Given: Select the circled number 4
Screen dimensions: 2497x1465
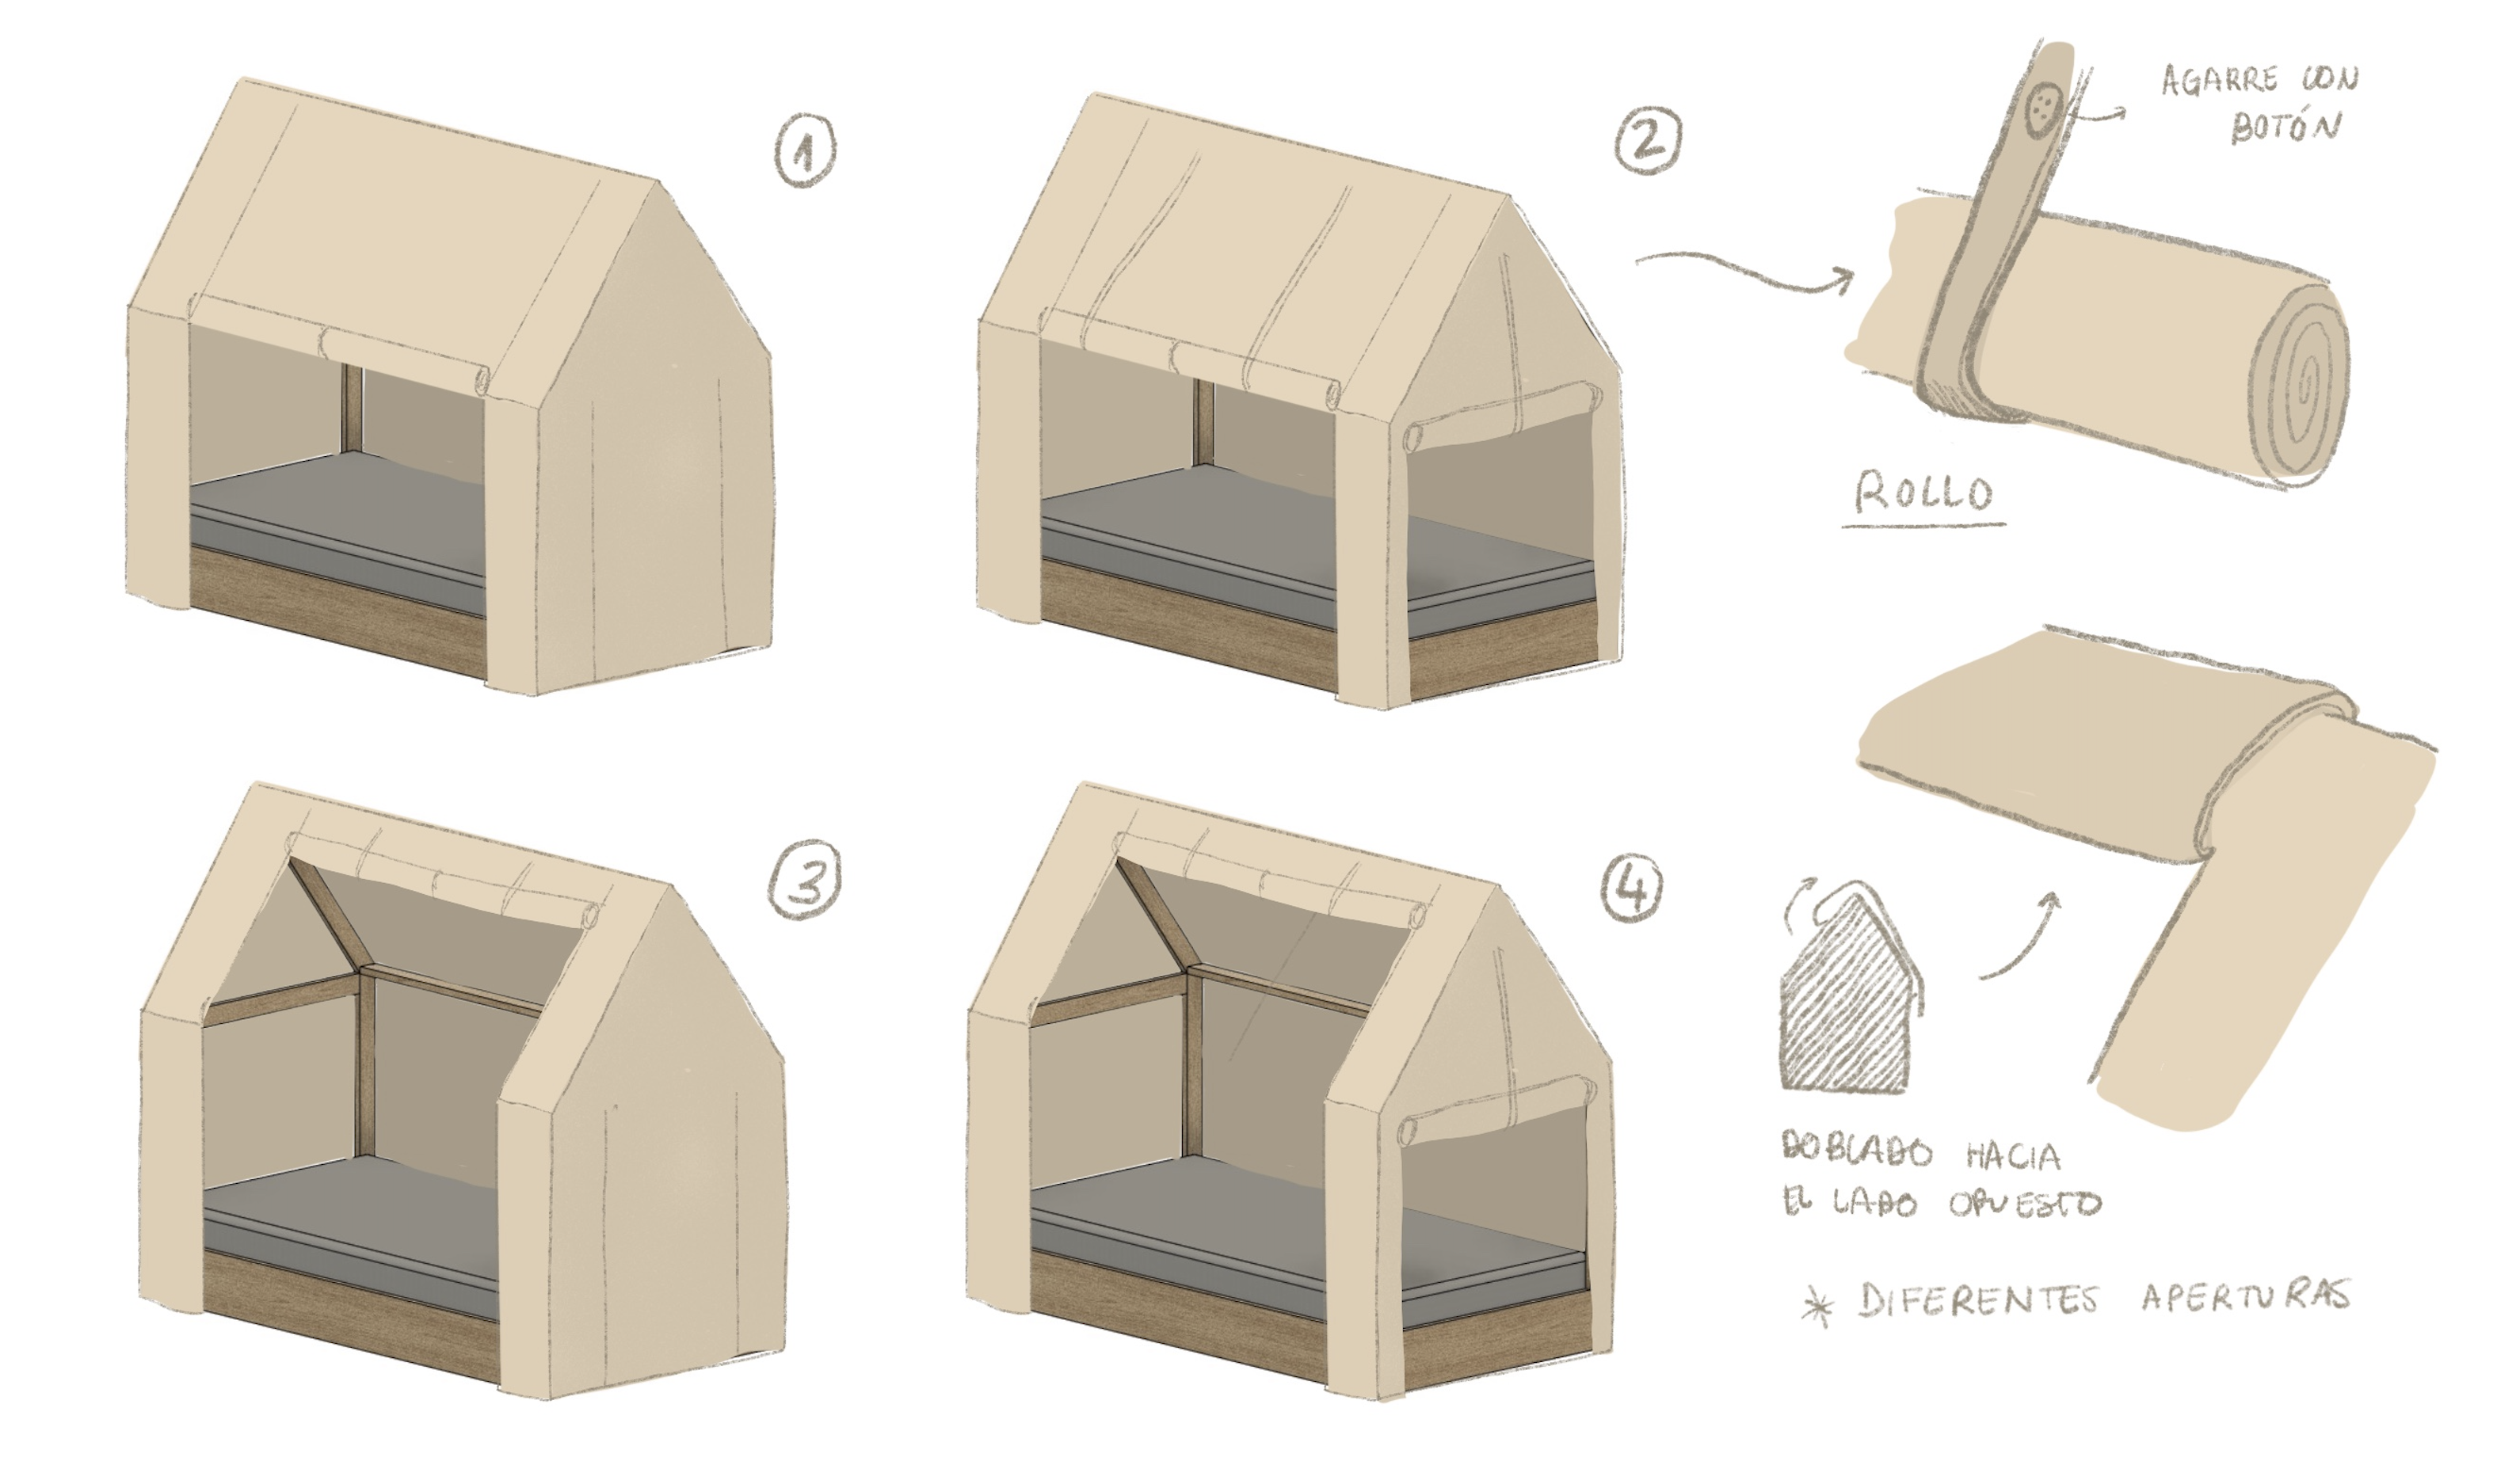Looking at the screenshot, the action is coord(1631,885).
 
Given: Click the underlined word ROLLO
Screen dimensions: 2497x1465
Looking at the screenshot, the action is coord(1923,493).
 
